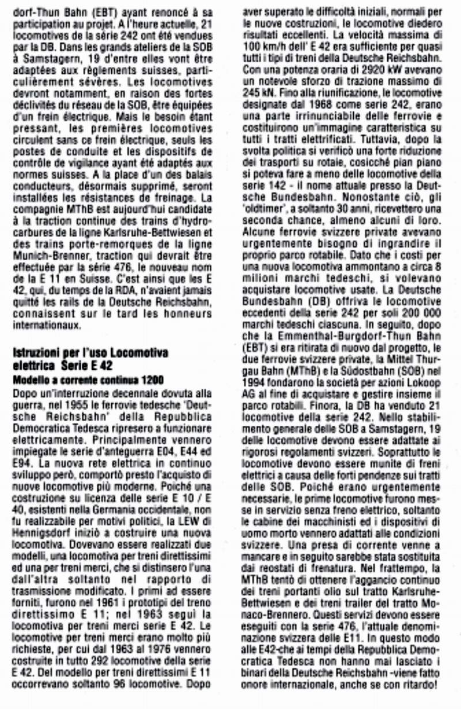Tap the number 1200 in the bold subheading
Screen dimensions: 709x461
click(x=152, y=380)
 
